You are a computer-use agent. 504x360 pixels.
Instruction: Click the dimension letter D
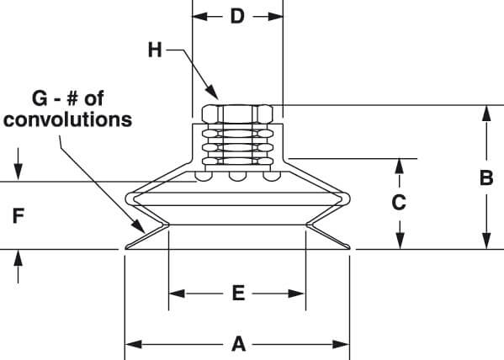(x=237, y=16)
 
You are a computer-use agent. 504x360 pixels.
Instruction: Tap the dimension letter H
(x=155, y=50)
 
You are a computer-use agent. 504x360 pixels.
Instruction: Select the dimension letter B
(x=486, y=177)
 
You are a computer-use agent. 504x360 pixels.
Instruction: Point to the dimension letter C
(x=399, y=203)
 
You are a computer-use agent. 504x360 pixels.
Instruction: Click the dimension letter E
(x=238, y=294)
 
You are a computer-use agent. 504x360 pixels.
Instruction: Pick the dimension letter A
(x=238, y=344)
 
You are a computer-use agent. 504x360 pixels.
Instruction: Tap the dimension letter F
(x=19, y=215)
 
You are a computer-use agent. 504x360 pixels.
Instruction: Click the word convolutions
(x=68, y=119)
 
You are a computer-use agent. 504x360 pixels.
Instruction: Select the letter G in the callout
(x=40, y=98)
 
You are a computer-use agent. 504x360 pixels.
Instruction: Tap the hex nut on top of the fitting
(x=237, y=114)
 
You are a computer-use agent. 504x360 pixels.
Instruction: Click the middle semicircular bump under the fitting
(x=237, y=176)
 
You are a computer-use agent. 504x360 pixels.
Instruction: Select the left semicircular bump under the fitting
(x=203, y=176)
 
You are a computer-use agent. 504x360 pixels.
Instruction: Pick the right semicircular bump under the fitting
(x=272, y=176)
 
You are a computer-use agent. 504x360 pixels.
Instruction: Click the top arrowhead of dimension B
(x=486, y=114)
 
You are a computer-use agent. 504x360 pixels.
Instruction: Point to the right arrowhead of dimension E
(x=296, y=294)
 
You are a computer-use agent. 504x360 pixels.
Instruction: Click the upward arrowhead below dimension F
(x=19, y=257)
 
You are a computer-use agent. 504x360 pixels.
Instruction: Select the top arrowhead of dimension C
(x=399, y=167)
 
